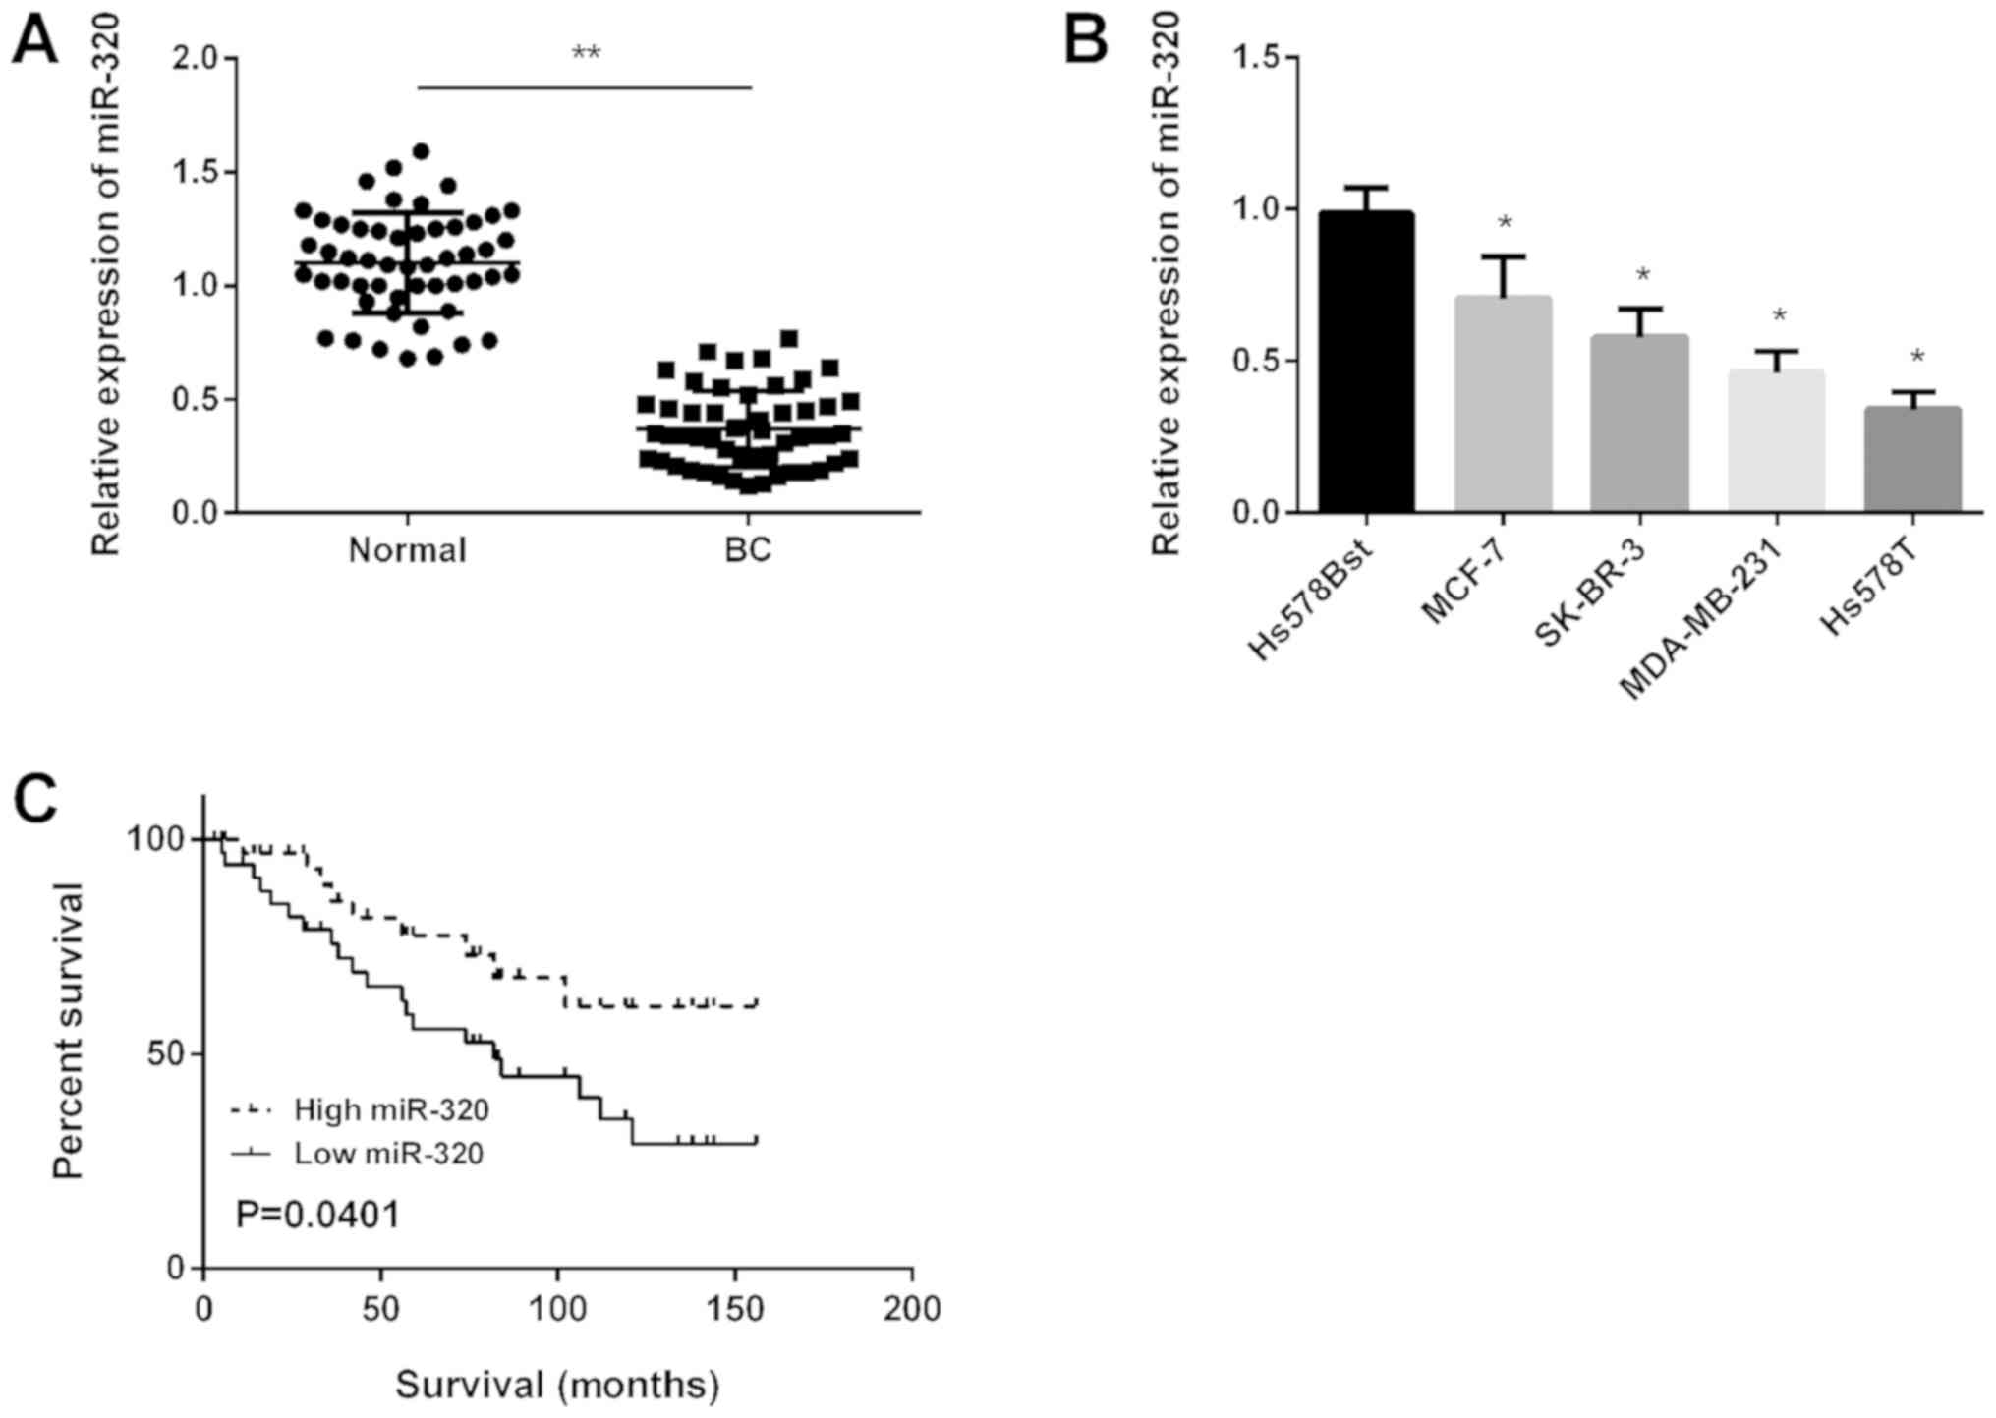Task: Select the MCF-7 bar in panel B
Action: pyautogui.click(x=1503, y=404)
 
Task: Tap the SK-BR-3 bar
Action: pyautogui.click(x=1639, y=424)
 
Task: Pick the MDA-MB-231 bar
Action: pyautogui.click(x=1776, y=441)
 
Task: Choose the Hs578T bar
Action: pyautogui.click(x=1911, y=459)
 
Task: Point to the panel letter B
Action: pyautogui.click(x=1086, y=41)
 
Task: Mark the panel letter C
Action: pyautogui.click(x=34, y=801)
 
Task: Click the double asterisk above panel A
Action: pyautogui.click(x=586, y=54)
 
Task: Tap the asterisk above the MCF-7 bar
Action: pyautogui.click(x=1505, y=225)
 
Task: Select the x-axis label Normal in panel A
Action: pyautogui.click(x=407, y=550)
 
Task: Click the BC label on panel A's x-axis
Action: pyautogui.click(x=748, y=550)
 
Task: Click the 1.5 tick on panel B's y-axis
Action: pyautogui.click(x=1257, y=58)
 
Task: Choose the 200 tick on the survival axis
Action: pyautogui.click(x=912, y=1309)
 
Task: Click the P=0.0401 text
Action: pyautogui.click(x=317, y=1216)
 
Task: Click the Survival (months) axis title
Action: pyautogui.click(x=557, y=1385)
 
